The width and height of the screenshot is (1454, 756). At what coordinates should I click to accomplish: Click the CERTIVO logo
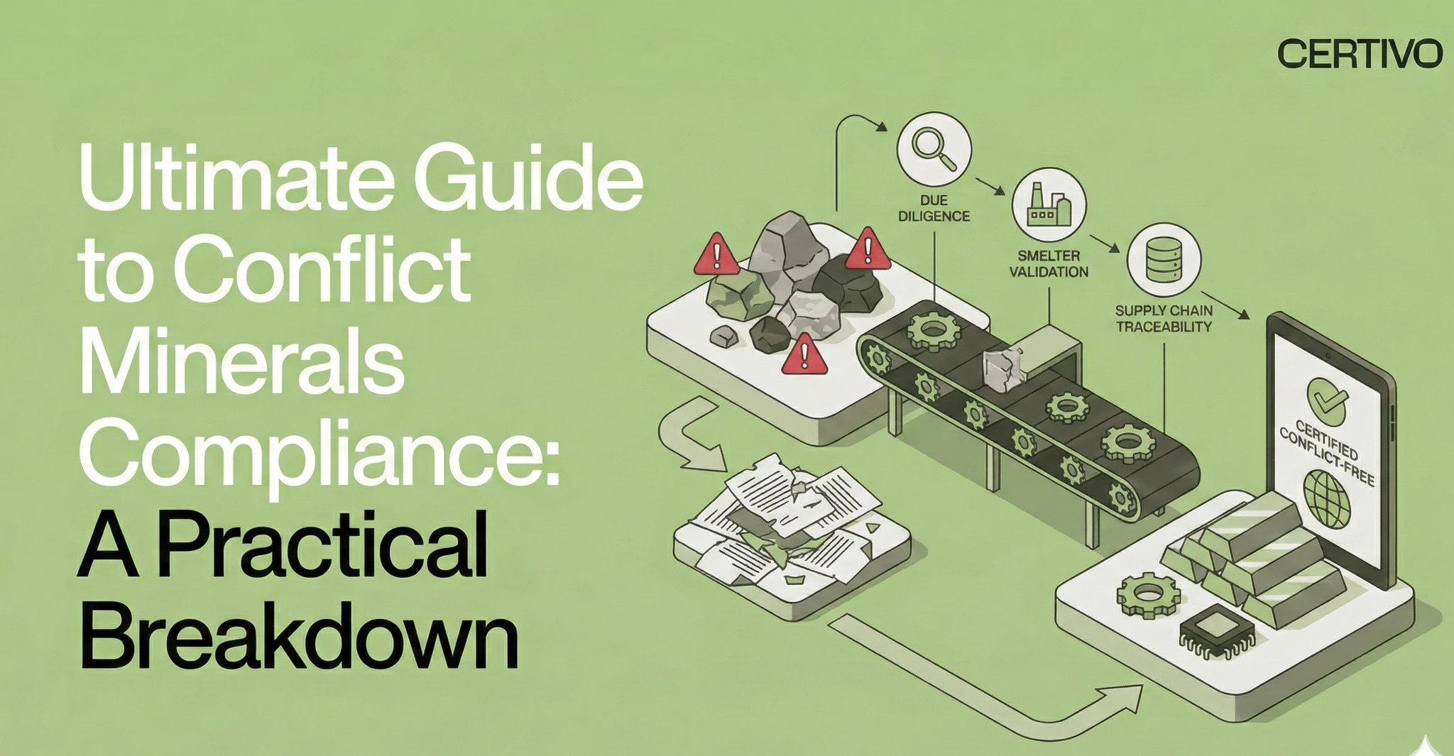point(1360,54)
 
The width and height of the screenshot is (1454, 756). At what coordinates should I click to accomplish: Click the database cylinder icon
point(1164,259)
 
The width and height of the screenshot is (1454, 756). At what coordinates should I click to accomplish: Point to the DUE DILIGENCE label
point(934,208)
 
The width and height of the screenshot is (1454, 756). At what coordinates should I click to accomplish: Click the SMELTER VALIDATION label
point(1049,263)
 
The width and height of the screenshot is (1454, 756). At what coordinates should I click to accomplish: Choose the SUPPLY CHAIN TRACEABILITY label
point(1164,319)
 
